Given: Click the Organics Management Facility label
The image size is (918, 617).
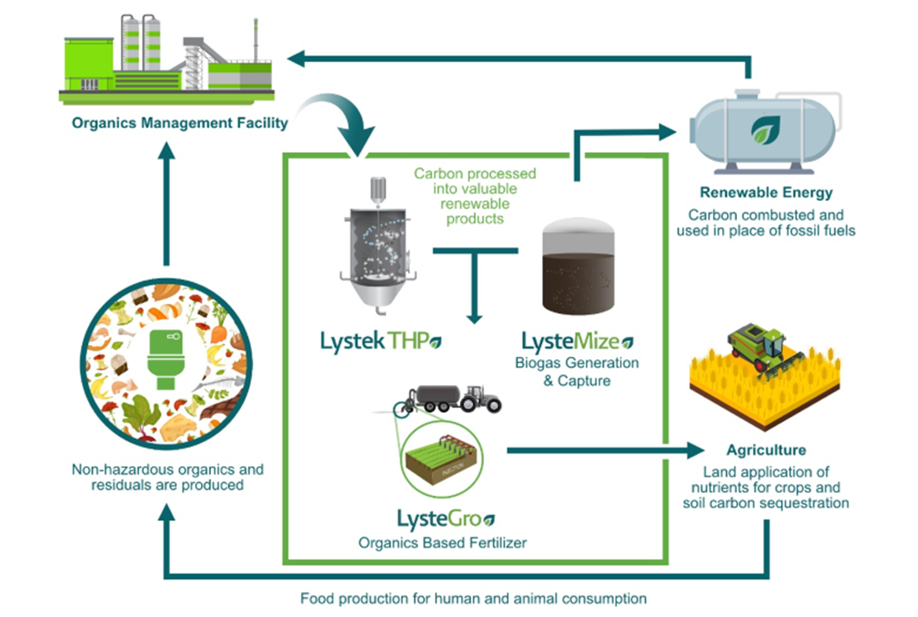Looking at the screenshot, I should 179,123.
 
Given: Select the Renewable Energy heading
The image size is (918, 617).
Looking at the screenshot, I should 766,193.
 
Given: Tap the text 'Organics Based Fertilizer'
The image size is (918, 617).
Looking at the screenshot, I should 443,542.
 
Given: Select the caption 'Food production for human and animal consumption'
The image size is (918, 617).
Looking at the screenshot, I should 473,599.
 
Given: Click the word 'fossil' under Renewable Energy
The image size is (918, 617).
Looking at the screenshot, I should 805,229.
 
